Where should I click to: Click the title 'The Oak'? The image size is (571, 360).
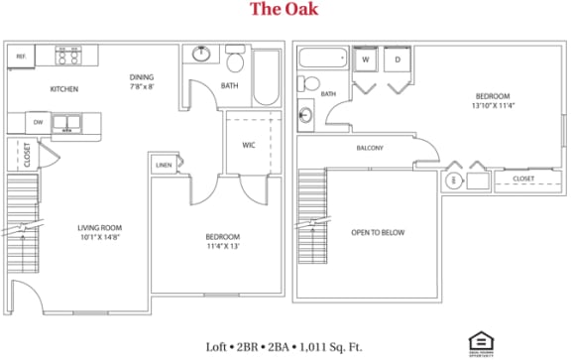click(285, 12)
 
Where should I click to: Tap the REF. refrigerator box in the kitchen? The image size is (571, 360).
click(21, 58)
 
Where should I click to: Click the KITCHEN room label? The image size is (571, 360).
click(64, 90)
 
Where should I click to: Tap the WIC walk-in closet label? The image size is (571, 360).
click(249, 145)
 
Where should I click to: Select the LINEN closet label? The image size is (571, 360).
click(164, 166)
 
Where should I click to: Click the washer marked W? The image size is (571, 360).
click(365, 60)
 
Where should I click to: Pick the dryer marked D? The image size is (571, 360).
click(398, 60)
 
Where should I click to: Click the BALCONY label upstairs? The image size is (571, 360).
click(370, 149)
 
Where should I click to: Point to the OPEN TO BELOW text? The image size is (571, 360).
click(379, 233)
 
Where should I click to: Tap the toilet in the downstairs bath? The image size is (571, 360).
click(235, 61)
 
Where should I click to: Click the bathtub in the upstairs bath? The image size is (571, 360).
click(320, 59)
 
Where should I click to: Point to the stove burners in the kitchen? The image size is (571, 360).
click(67, 56)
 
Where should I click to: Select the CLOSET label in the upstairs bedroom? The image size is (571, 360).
click(523, 179)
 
